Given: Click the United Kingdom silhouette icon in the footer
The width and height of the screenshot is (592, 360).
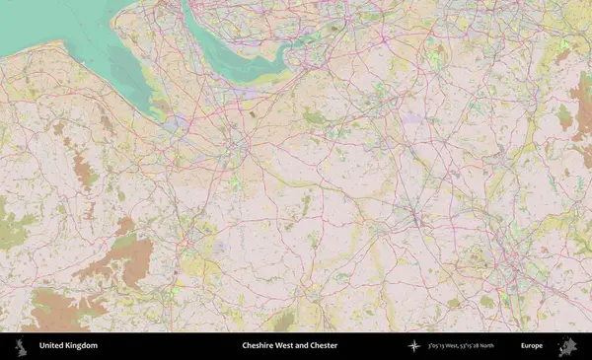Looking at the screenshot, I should point(21,345).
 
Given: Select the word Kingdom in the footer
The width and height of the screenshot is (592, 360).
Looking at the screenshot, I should point(83,345).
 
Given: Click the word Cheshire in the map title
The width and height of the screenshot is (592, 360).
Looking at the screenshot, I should point(259,345).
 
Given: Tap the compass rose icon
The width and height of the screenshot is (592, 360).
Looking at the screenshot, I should point(414,345).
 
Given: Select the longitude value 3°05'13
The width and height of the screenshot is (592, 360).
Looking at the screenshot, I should point(439,345).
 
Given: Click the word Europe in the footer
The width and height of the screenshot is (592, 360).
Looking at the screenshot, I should point(532,345).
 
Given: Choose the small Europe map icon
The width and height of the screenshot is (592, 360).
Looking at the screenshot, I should point(567,345).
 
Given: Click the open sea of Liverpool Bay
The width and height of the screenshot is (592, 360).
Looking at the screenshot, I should point(39,20).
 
